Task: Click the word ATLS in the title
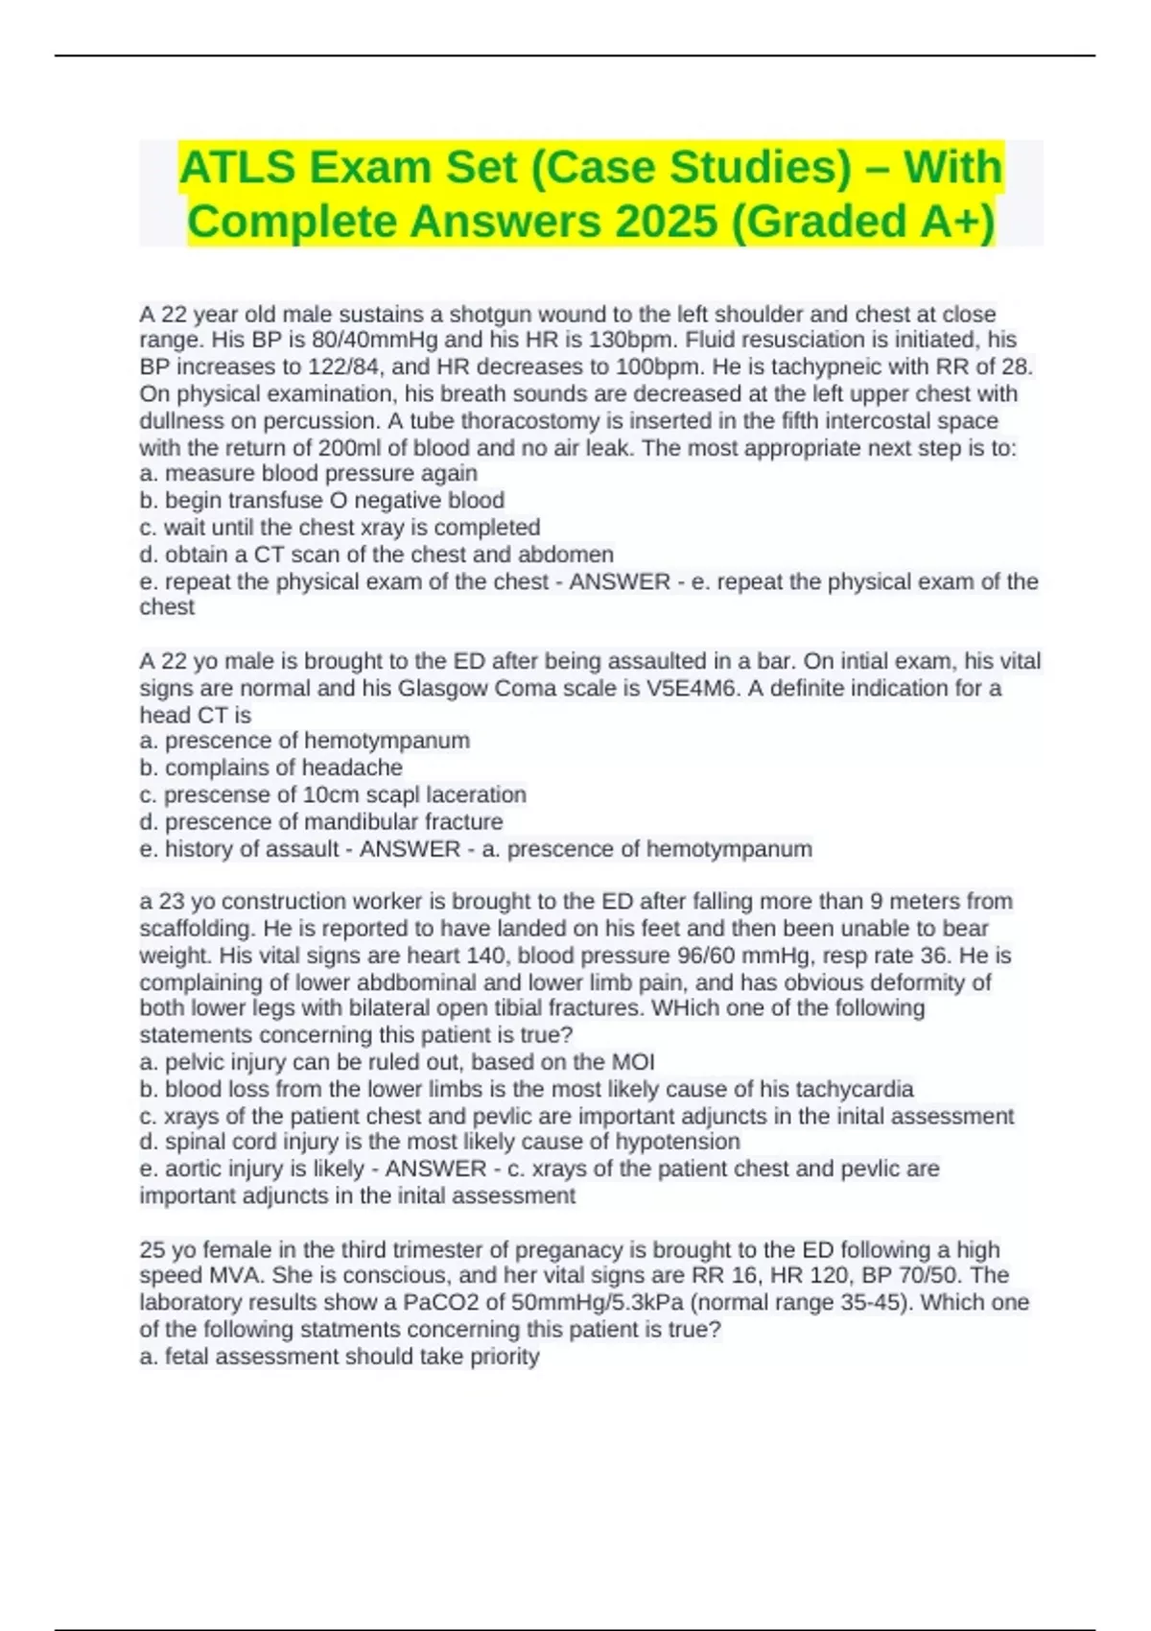(x=236, y=168)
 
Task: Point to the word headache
(x=352, y=768)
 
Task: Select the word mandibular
(x=371, y=822)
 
